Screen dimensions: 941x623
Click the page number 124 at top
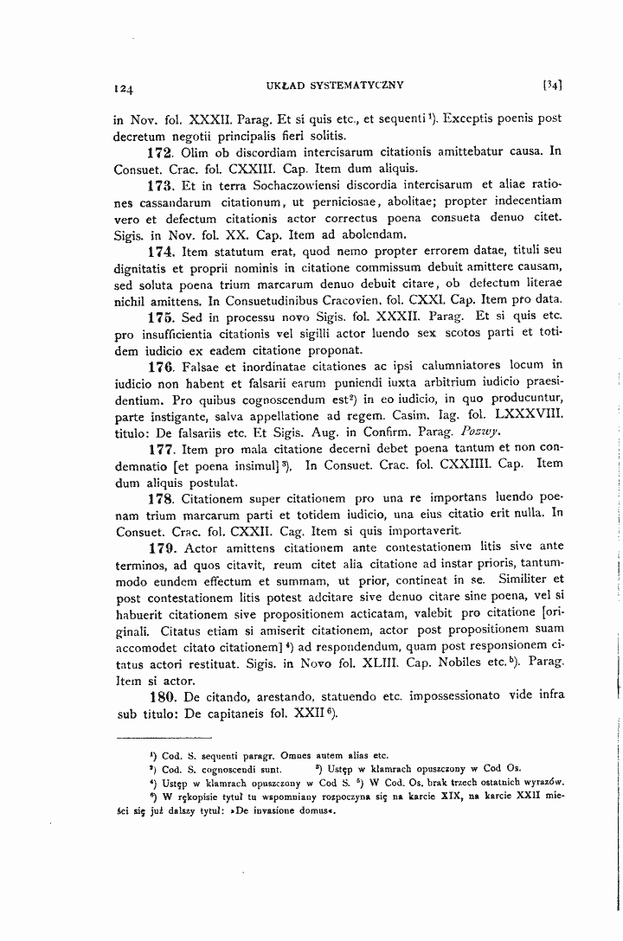(x=122, y=87)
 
